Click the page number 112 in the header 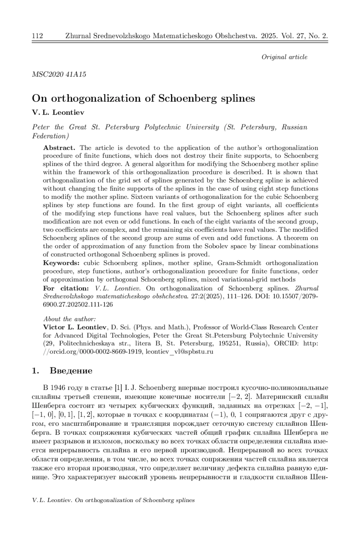(x=37, y=36)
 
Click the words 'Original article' (x=284, y=57)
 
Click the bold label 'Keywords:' (x=61, y=263)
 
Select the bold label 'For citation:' (x=66, y=288)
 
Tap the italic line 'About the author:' (x=69, y=319)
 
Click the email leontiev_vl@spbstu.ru (x=179, y=352)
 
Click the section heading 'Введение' (x=71, y=371)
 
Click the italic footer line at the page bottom (x=113, y=500)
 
